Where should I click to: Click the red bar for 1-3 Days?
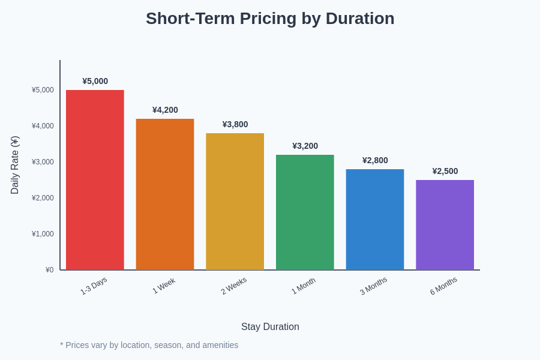[95, 180]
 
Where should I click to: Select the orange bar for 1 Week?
[165, 194]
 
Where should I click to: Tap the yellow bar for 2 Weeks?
[235, 202]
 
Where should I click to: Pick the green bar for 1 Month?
[305, 212]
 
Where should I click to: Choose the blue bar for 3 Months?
[375, 220]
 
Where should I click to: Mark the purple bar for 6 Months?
[445, 225]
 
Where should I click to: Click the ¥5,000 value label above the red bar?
[95, 81]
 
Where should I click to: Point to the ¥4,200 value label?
[165, 110]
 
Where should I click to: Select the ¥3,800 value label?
[235, 124]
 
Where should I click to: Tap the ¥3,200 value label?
[305, 146]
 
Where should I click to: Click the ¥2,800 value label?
[375, 160]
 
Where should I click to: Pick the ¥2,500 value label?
[445, 171]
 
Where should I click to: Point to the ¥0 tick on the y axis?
[49, 270]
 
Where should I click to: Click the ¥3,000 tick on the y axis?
[43, 162]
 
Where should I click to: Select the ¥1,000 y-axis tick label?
[43, 234]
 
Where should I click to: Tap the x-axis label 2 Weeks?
[233, 286]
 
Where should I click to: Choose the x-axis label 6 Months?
[443, 286]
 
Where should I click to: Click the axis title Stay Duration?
[270, 327]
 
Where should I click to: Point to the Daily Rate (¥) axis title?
[15, 165]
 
